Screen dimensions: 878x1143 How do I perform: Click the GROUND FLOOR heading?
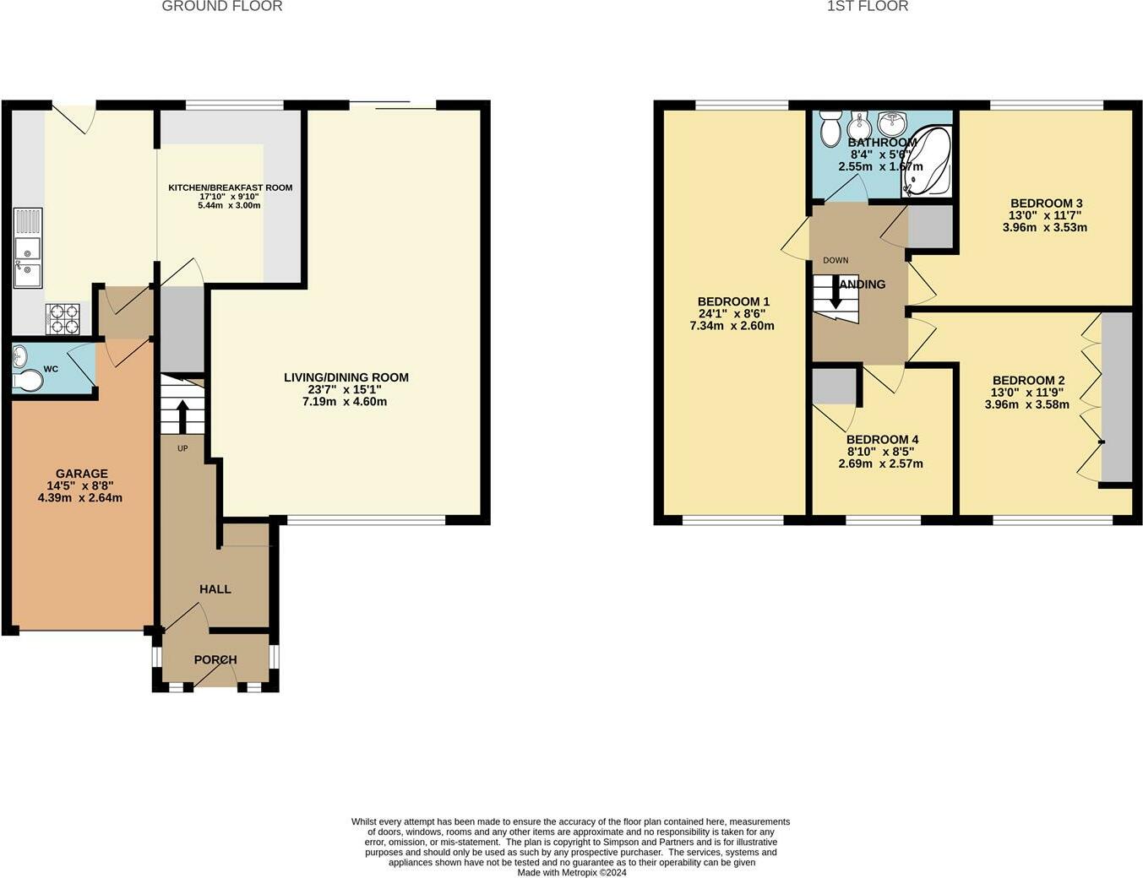[x=221, y=7]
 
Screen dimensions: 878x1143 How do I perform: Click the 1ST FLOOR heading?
[x=868, y=7]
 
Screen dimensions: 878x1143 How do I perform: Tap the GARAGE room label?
[x=81, y=474]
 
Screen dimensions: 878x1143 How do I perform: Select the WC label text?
[x=51, y=369]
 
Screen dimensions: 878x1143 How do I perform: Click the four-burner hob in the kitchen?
[x=63, y=319]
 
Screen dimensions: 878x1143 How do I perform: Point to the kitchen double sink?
[x=27, y=259]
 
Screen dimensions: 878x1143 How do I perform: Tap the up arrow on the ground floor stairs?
[x=182, y=413]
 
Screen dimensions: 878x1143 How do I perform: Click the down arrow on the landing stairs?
[x=836, y=295]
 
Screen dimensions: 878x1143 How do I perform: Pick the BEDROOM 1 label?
[x=733, y=301]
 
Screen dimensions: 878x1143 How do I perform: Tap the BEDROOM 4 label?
[x=882, y=439]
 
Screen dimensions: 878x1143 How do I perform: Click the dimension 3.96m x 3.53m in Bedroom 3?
[x=1045, y=227]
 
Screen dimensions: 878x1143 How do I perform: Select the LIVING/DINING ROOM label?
[x=346, y=377]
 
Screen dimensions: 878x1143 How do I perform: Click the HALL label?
[x=215, y=588]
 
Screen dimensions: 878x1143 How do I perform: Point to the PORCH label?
[x=215, y=659]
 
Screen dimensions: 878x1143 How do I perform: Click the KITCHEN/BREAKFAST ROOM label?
[x=230, y=187]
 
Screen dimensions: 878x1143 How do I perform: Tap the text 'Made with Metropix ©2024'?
[x=572, y=873]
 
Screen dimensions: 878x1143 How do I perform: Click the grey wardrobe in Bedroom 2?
[x=1116, y=397]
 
